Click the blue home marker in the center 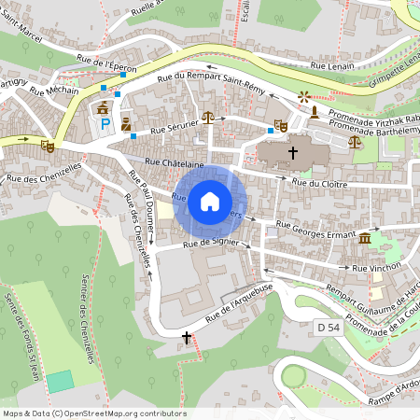click(210, 201)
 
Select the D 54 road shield click(328, 328)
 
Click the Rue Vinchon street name click(376, 268)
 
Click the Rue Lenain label click(333, 66)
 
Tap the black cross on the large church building click(292, 151)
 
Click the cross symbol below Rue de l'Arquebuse click(186, 337)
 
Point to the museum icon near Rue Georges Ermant click(363, 240)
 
